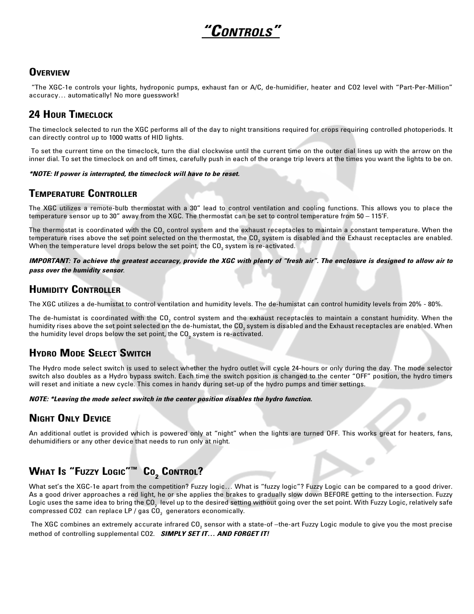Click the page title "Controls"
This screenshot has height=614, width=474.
click(x=241, y=32)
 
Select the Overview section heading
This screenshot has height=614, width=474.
click(x=49, y=73)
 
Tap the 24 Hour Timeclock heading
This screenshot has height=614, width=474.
click(x=71, y=115)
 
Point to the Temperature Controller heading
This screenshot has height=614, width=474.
click(x=83, y=194)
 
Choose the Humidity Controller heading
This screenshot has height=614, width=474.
click(x=75, y=290)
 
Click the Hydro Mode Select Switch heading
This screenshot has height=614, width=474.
click(x=90, y=353)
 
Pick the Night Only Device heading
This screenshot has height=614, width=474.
click(x=70, y=419)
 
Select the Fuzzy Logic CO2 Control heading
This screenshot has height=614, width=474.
click(x=116, y=472)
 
